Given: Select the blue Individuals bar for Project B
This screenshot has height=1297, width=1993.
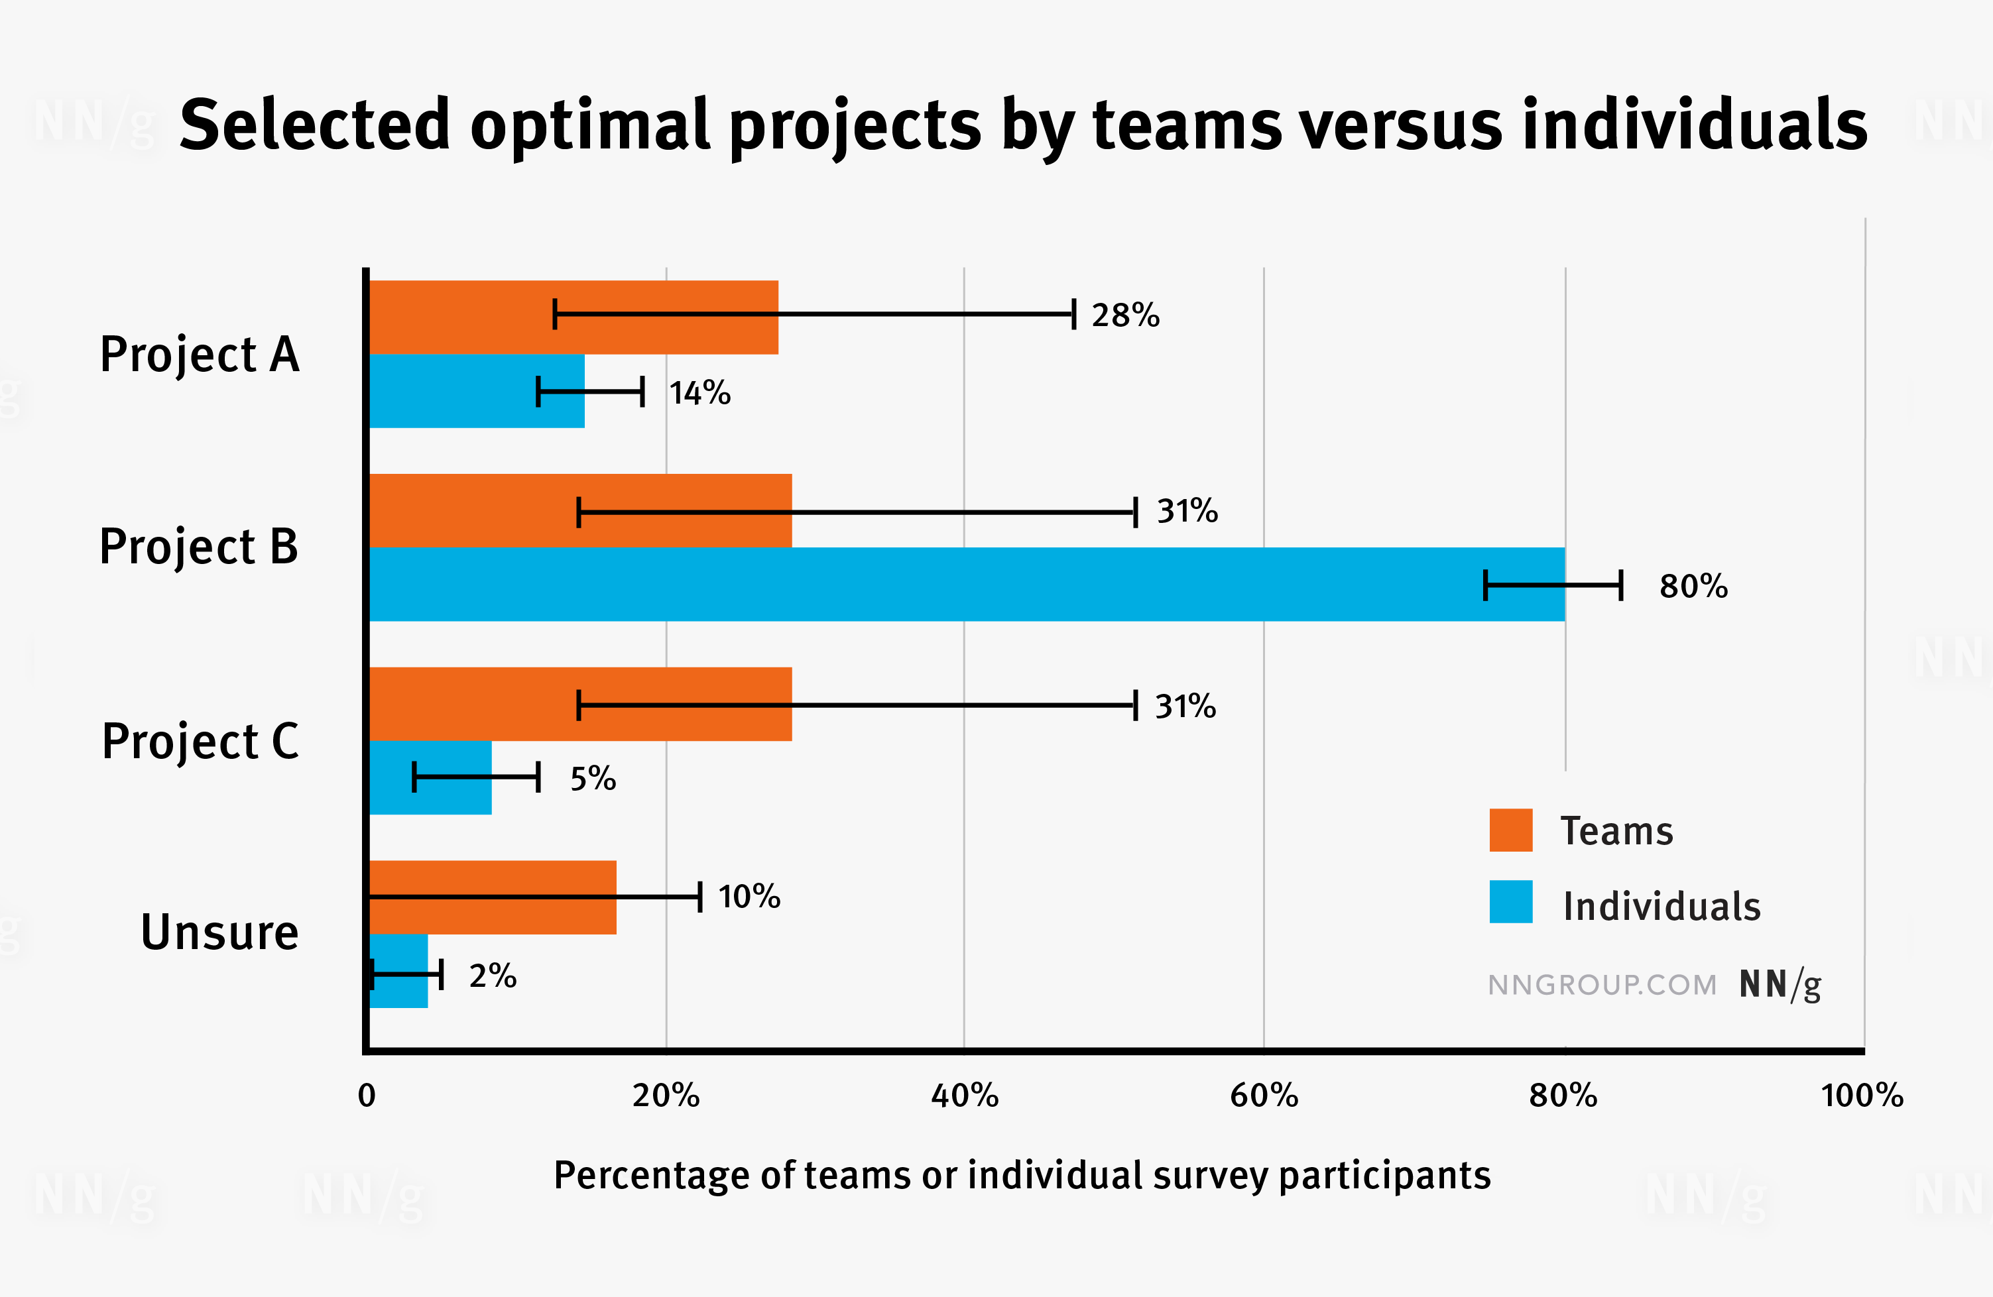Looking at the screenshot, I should coord(921,585).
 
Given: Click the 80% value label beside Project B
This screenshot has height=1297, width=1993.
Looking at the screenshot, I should coord(1693,586).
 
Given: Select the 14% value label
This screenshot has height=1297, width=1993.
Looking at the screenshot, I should coord(699,393).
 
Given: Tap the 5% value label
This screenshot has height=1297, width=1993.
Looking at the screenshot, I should coord(593,779).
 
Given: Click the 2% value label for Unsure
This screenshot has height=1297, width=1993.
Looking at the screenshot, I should coord(493,976).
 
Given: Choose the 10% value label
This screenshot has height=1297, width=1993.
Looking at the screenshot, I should coord(749,897).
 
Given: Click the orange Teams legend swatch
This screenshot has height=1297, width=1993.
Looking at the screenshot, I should coord(1510,830).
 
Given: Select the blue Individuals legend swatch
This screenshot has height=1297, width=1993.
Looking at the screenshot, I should coord(1510,902).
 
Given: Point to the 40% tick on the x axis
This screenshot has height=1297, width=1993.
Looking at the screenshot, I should coord(965,1096).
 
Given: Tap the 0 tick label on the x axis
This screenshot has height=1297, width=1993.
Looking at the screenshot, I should coord(367,1096).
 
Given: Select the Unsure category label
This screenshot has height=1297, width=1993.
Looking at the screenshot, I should coord(219,932).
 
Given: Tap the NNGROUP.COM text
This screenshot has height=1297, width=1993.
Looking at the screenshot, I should coord(1602,985).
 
